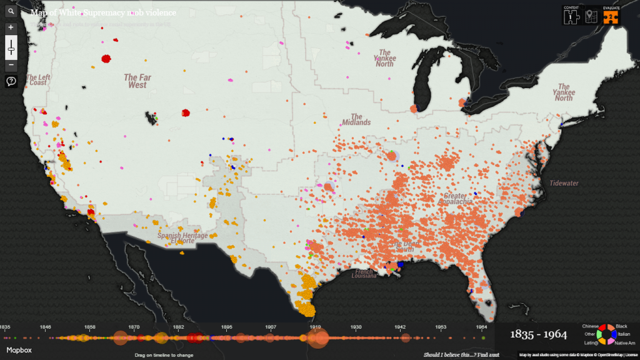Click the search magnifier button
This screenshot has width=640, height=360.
coord(11,11)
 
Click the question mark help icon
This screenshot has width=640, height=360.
coord(11,81)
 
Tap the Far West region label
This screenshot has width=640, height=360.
coord(137,81)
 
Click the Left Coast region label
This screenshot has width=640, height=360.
coord(37,79)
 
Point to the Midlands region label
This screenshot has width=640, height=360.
coord(356,119)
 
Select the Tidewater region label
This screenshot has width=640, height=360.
coord(564,183)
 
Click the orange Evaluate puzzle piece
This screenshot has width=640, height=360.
coord(611,16)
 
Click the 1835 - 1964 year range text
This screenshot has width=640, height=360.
coord(537,335)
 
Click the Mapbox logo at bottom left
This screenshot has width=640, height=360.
coord(19,351)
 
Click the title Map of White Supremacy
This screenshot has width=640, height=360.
coord(103,12)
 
